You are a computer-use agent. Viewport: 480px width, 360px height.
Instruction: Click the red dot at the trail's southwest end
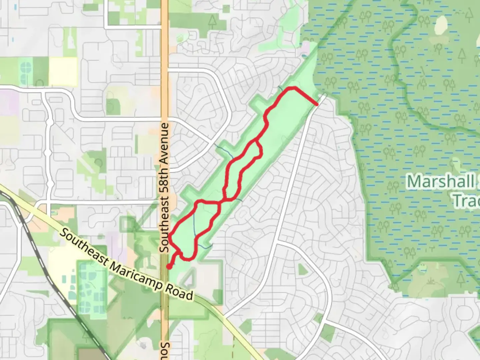pyautogui.click(x=169, y=266)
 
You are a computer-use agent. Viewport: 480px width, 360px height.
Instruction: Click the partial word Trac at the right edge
pyautogui.click(x=467, y=201)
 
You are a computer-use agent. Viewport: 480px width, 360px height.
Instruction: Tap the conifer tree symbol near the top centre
pyautogui.click(x=212, y=22)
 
